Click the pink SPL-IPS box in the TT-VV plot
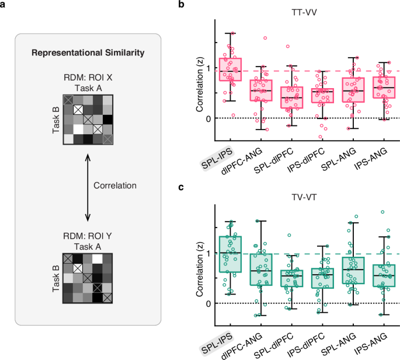pos(230,69)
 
